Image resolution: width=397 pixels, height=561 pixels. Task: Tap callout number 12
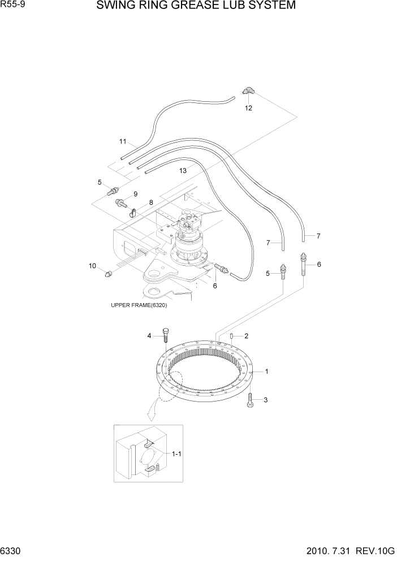248,107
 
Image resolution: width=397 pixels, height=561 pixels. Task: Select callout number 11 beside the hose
123,141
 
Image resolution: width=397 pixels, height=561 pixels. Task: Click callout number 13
183,170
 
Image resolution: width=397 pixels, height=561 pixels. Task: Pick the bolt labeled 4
166,335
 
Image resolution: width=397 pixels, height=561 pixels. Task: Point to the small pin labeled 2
232,337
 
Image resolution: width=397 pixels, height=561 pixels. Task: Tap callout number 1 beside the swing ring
266,372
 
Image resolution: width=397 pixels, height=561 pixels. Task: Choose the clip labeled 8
133,213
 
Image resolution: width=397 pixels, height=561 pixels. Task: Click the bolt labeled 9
120,202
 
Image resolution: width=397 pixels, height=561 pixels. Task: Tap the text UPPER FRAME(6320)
139,305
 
